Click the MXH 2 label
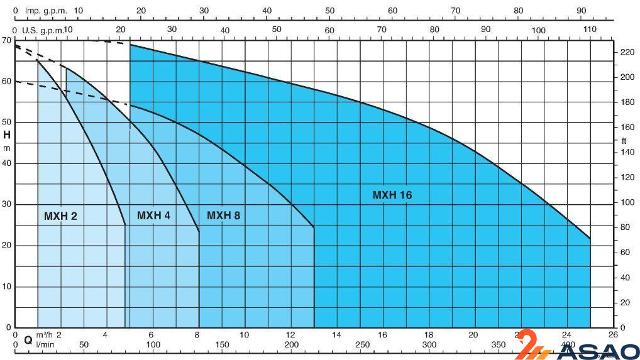point(60,216)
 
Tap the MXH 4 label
point(153,215)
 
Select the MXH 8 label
point(223,215)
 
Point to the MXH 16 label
point(392,195)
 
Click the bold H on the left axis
point(7,134)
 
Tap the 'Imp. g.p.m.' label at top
point(46,11)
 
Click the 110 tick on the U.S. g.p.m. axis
point(589,30)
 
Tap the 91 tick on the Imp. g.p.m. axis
point(580,11)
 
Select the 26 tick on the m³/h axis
point(613,334)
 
